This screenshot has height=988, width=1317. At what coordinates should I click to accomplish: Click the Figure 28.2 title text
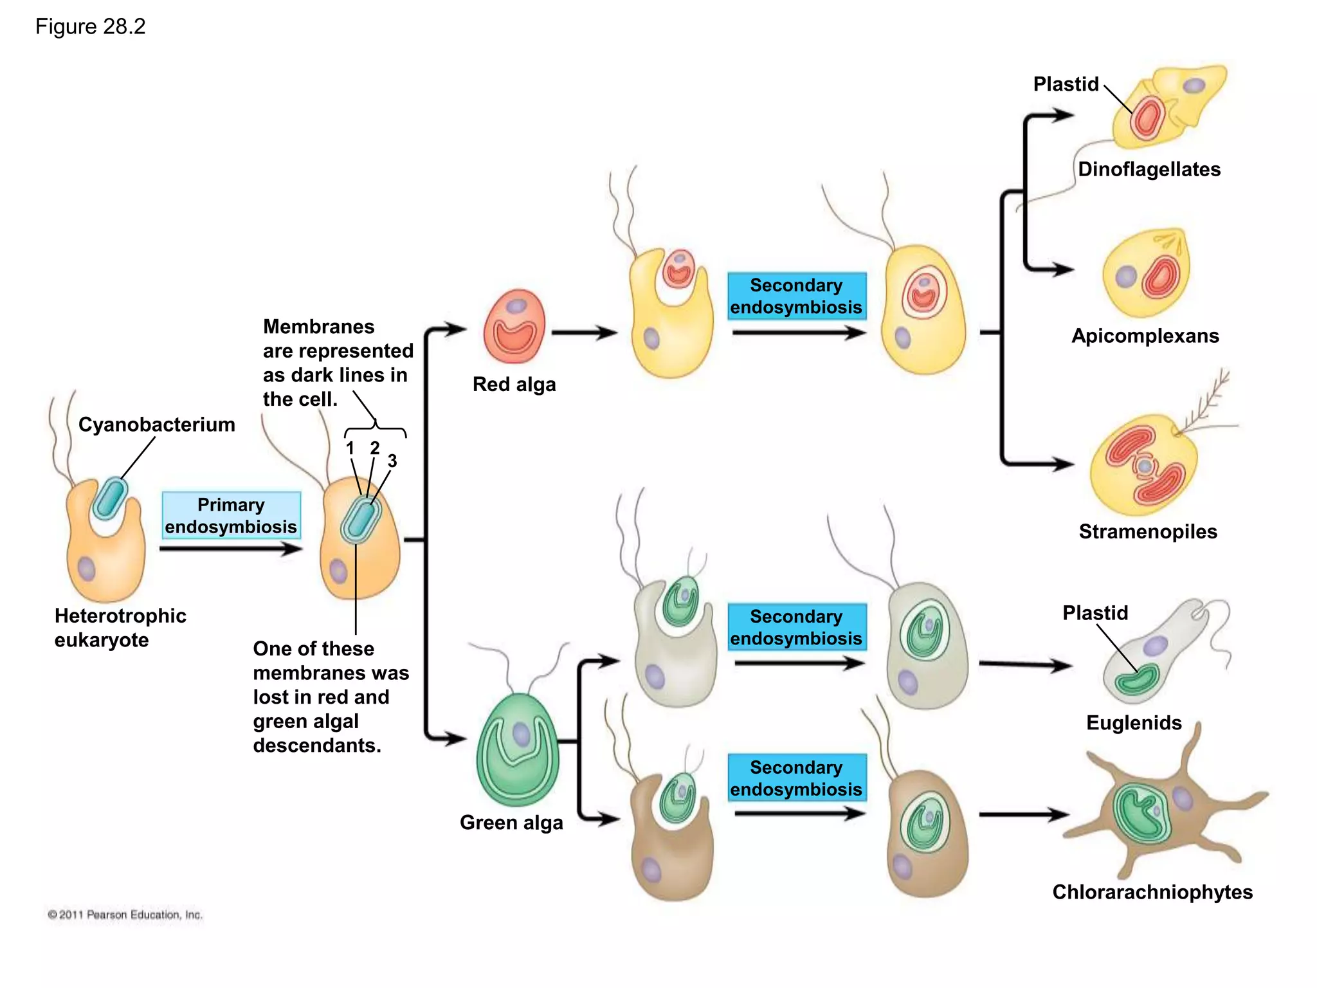pos(90,26)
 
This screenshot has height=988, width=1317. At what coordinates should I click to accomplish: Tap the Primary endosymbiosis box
pos(231,515)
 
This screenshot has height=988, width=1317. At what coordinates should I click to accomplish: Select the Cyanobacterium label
pos(156,425)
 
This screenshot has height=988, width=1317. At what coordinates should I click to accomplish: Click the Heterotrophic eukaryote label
pos(120,628)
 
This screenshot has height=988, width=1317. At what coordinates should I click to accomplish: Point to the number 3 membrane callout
pos(392,461)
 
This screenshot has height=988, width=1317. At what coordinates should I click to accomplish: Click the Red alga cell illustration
pos(514,327)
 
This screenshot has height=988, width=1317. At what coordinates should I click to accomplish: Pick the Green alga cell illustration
pos(518,749)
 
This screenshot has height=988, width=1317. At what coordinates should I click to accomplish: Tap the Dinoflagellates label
pos(1149,169)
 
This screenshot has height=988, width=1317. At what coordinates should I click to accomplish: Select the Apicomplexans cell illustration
pos(1147,274)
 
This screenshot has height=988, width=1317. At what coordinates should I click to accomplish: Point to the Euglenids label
pos(1134,722)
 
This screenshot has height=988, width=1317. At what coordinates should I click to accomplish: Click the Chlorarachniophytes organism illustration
pos(1158,810)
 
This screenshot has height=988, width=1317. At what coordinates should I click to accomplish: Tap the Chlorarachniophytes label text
pos(1152,892)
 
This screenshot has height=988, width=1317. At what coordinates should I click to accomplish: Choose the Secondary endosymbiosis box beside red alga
pos(796,296)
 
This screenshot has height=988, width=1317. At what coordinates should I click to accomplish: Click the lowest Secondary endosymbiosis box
pos(796,778)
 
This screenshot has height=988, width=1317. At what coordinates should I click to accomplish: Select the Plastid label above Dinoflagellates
pos(1066,84)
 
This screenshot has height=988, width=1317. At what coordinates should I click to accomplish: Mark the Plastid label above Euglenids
pos(1094,613)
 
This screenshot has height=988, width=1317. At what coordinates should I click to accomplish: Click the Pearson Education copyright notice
pos(125,915)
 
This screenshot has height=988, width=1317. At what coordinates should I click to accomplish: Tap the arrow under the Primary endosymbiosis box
pos(230,549)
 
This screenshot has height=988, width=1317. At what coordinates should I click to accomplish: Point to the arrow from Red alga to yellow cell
pos(584,333)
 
